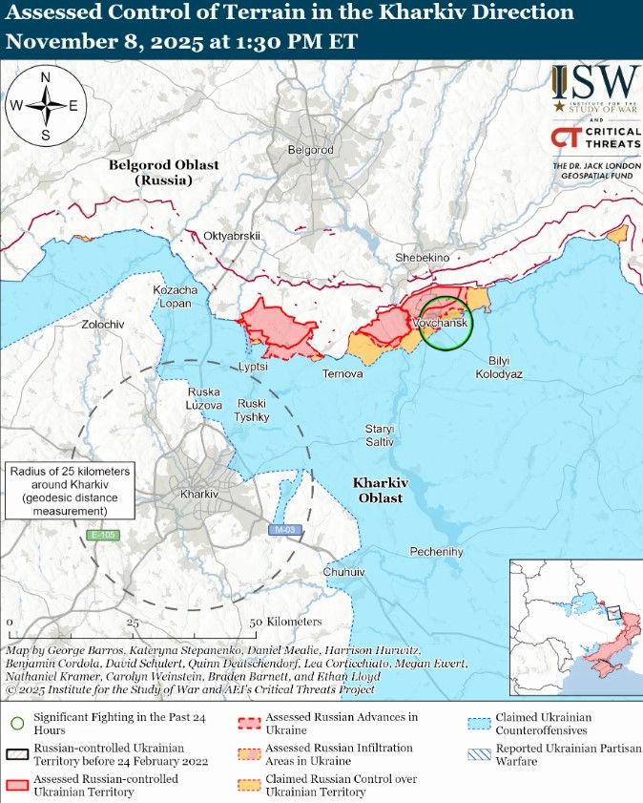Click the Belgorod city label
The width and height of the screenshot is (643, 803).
[x=310, y=150]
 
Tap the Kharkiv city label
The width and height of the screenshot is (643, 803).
[x=199, y=495]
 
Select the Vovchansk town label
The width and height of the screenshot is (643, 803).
[x=441, y=325]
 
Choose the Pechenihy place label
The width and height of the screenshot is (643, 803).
[x=436, y=552]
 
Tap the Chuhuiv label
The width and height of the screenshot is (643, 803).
[x=344, y=571]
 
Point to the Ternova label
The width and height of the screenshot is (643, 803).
[x=342, y=373]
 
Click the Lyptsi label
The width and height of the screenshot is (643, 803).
[x=253, y=366]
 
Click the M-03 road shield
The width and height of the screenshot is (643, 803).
[x=282, y=529]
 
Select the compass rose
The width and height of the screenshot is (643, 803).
[x=45, y=105]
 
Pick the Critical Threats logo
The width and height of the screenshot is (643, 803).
[x=594, y=138]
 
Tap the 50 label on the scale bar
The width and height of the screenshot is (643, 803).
[x=255, y=622]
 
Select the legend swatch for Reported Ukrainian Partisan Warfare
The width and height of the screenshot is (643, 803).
[x=477, y=754]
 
